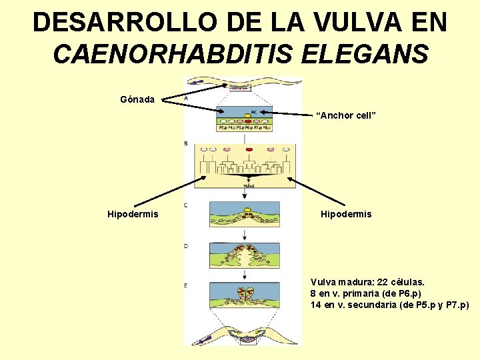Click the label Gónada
coord(137,99)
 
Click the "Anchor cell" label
coord(347,115)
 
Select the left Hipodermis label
coord(133,214)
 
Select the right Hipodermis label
coord(346,214)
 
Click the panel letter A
coord(186,98)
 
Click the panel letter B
coord(186,143)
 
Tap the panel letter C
coord(186,205)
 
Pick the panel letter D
coord(186,246)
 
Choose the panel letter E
coord(186,285)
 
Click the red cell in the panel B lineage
coord(249,150)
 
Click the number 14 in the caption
coord(316,305)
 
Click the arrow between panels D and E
coord(245,273)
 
